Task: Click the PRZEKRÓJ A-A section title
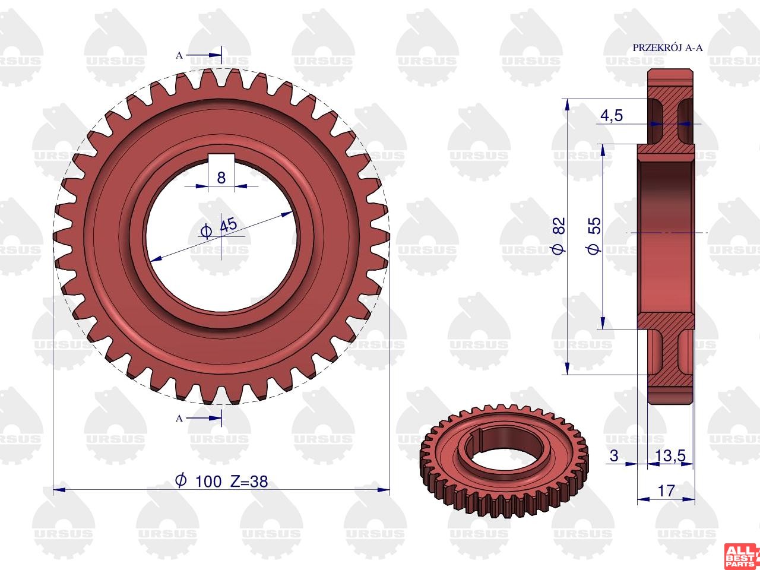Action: coord(667,47)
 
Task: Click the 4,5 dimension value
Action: coord(612,116)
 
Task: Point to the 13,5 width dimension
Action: coord(670,455)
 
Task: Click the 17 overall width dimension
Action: coord(666,491)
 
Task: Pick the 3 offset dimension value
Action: coord(614,455)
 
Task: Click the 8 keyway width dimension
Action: coord(221,178)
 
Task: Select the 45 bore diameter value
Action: coord(229,225)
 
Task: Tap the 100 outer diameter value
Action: coord(208,482)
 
